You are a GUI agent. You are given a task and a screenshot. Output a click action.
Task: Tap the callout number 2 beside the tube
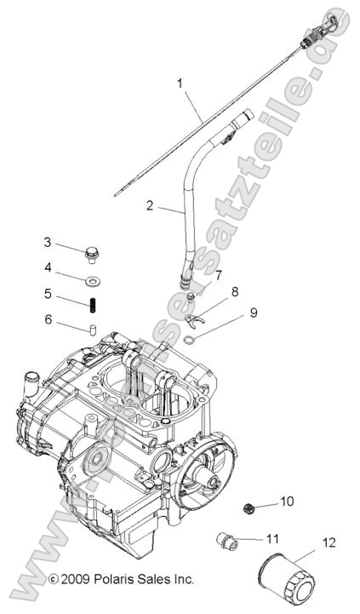tap(150, 204)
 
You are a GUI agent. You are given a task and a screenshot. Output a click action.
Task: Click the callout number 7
tap(219, 275)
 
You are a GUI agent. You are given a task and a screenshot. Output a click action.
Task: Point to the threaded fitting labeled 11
tap(226, 539)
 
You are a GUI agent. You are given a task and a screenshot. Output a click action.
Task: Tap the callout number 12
tap(329, 542)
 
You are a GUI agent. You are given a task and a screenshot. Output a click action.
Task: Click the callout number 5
tap(48, 293)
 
